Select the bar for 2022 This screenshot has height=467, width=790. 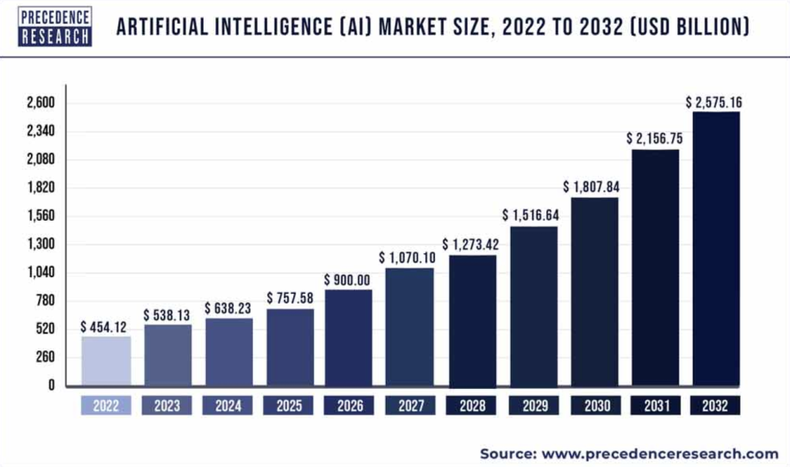(x=106, y=360)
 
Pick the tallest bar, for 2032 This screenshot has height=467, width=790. (x=716, y=249)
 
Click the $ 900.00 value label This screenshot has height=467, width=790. (x=349, y=279)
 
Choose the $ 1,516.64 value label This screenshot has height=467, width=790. (x=532, y=215)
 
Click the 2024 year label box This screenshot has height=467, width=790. (x=228, y=405)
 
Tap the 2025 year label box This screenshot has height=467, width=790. (x=289, y=405)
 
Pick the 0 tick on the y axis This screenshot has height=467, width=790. (x=52, y=385)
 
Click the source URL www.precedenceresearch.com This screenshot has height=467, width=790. (x=660, y=453)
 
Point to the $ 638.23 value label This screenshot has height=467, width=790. (x=228, y=308)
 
